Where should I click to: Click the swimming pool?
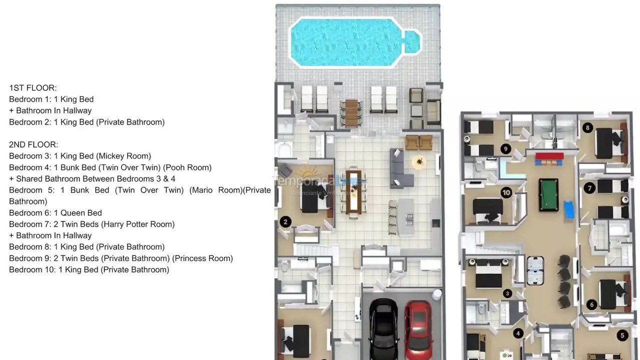coord(350,42)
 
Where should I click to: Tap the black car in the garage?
coord(383,330)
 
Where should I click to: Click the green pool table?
coord(548,194)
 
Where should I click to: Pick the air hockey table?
coord(535,270)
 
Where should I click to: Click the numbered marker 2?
coord(285,221)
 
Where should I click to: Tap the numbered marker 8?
coord(587,127)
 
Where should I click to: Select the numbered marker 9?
coord(505,148)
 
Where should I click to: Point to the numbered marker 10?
coord(506,192)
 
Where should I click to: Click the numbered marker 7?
coord(589,188)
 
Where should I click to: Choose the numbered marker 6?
coord(592,304)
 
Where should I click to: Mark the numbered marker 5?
coord(622,335)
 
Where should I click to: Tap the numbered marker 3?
coord(507,293)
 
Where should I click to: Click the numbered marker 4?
coord(518,333)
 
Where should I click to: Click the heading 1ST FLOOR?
coord(33,88)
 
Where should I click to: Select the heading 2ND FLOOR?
coord(33,144)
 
